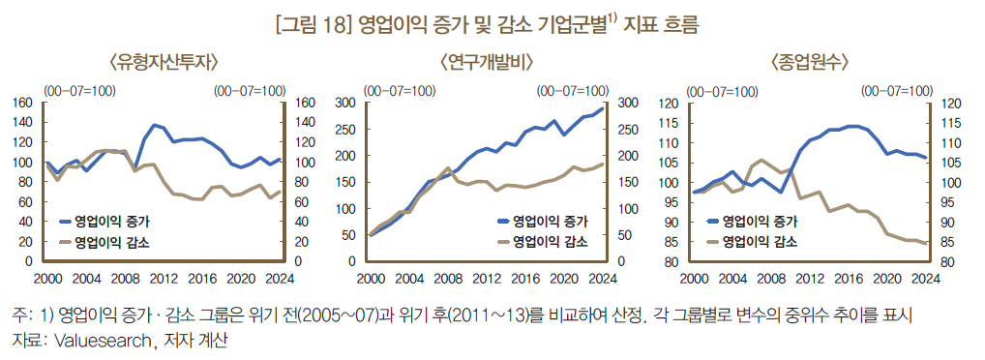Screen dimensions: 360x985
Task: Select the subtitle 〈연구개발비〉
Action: (x=487, y=62)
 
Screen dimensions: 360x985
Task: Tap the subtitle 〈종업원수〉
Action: (x=809, y=62)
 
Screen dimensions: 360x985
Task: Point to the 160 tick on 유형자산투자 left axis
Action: (x=24, y=103)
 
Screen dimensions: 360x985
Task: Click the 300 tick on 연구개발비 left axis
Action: (x=345, y=103)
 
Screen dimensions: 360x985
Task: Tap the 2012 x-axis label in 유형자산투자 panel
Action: (x=164, y=279)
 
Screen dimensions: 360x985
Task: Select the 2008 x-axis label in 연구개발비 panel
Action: (x=447, y=279)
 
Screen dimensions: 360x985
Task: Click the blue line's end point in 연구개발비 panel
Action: (x=602, y=108)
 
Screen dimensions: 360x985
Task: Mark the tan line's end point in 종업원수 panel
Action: (x=925, y=243)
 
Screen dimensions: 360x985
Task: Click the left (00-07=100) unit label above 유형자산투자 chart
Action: (x=77, y=89)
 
